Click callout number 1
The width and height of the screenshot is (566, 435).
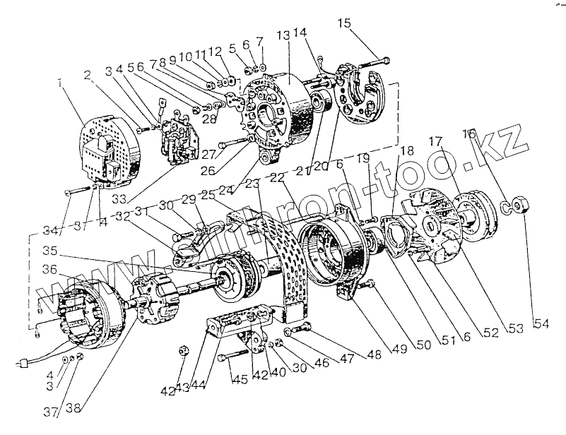pos(62,84)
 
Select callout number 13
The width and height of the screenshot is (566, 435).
pos(283,35)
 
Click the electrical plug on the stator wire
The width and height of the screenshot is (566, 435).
pos(22,365)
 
